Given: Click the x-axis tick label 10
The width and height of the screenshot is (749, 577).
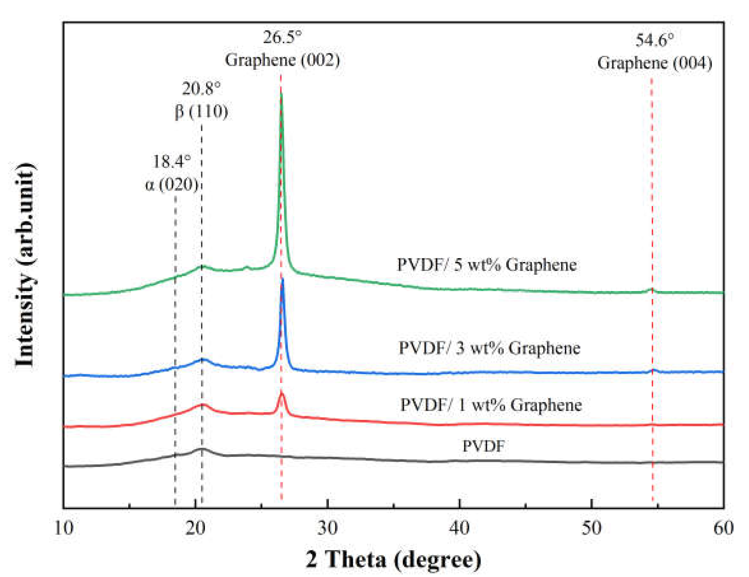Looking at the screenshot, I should tap(64, 528).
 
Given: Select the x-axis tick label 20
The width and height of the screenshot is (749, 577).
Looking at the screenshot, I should tap(195, 528).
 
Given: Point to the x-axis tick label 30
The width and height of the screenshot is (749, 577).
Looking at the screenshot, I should tap(328, 528).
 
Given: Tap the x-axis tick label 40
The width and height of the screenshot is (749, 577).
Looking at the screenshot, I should tap(459, 528).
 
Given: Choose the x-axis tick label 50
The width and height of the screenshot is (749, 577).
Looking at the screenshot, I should tap(591, 528).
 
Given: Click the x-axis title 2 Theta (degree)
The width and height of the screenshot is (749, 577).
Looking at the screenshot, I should tap(393, 559).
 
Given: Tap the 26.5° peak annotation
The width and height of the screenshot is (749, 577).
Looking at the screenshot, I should tap(283, 37).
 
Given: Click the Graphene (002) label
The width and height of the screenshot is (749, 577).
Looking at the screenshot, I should tap(283, 60).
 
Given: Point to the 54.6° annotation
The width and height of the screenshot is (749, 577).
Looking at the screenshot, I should tap(654, 40).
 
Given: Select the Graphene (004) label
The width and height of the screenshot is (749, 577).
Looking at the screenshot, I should tap(654, 63).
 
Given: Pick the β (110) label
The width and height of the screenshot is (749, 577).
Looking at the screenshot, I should tap(201, 111).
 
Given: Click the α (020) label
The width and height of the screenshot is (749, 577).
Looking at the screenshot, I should tap(171, 185).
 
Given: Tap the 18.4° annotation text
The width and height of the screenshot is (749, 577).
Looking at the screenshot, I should tap(171, 161).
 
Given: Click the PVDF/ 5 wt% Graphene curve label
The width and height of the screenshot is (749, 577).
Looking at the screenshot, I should tap(487, 265).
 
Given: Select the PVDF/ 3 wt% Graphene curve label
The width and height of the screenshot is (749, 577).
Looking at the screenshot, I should tap(489, 348).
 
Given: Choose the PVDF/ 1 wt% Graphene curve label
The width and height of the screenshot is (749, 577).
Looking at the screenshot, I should tap(491, 405).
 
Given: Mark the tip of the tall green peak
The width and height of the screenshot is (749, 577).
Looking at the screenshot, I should tap(282, 94).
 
